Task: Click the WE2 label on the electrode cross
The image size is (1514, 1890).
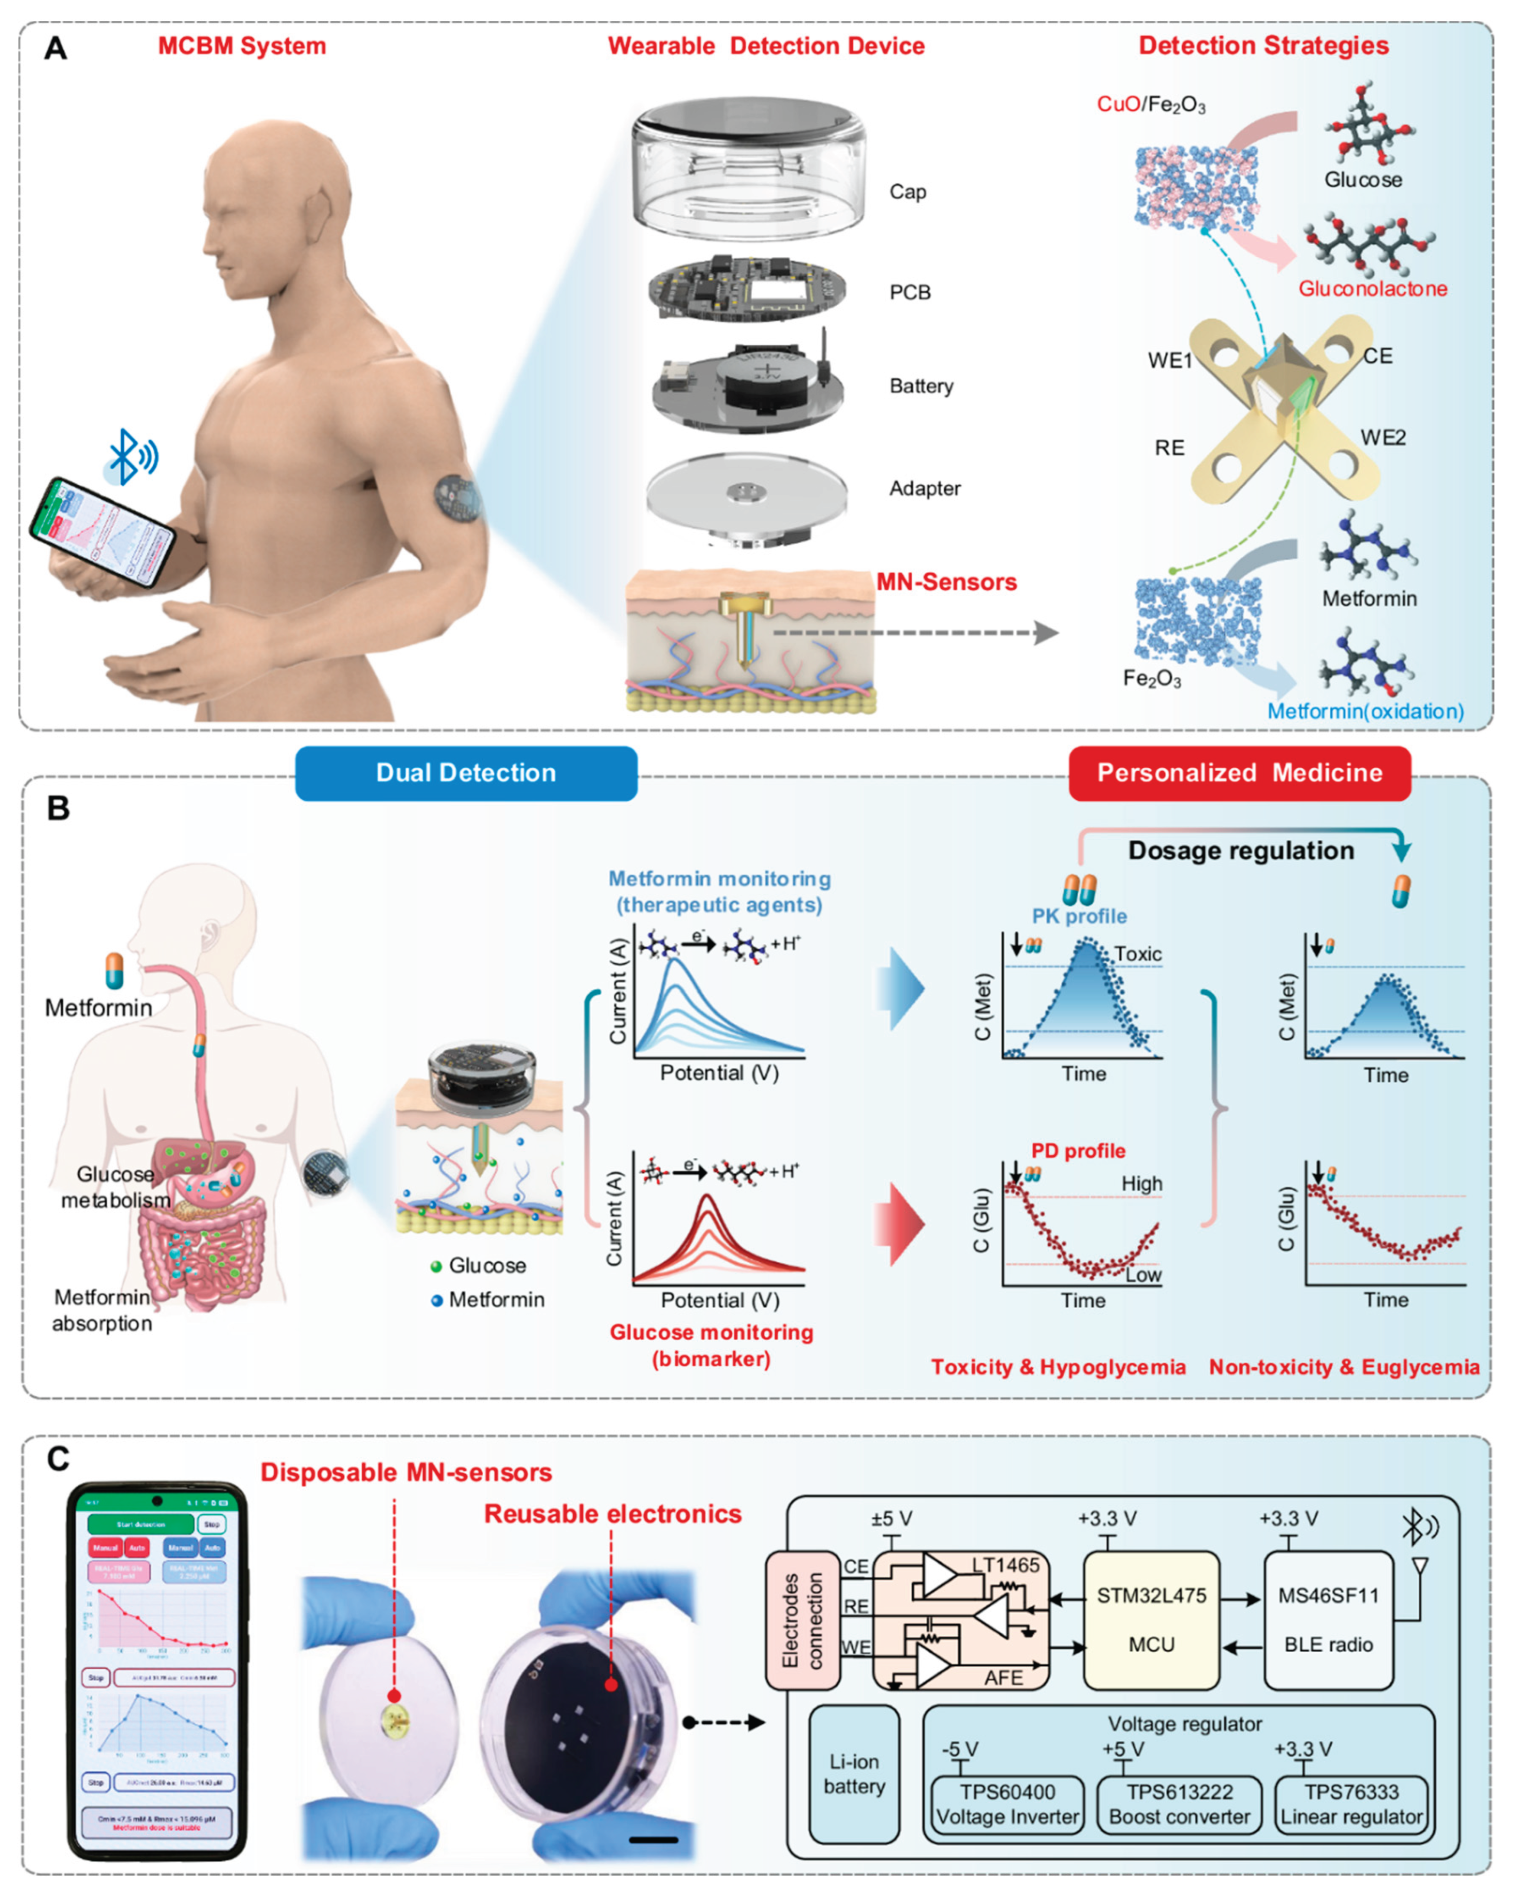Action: (1383, 438)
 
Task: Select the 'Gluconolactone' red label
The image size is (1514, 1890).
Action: (1372, 288)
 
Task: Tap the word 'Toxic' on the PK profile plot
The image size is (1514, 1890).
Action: (1137, 954)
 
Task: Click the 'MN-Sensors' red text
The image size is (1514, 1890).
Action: (946, 582)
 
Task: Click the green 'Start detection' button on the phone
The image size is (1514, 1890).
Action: (141, 1524)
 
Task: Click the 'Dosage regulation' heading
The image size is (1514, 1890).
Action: (1240, 850)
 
